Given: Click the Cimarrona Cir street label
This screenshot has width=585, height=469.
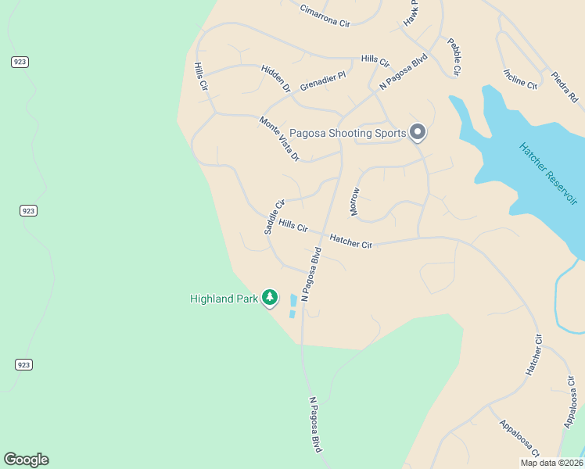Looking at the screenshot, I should [x=325, y=16].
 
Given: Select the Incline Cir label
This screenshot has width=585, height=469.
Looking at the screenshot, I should [x=521, y=79].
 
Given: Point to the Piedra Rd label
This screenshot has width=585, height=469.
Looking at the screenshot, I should [x=564, y=87].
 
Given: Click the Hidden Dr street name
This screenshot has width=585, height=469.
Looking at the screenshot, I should [x=275, y=78].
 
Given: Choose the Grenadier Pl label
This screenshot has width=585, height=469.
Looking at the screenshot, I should [x=322, y=81].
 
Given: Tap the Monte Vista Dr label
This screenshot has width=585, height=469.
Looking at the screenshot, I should [x=279, y=138].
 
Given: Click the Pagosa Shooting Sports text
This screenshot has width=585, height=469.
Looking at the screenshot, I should [x=347, y=133].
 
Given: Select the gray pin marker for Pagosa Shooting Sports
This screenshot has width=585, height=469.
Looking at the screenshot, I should [x=418, y=132].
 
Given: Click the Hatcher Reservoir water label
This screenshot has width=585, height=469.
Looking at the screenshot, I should [x=548, y=174].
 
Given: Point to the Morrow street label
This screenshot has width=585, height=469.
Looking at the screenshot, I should [x=355, y=202].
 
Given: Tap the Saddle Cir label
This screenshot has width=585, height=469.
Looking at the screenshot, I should [x=273, y=217].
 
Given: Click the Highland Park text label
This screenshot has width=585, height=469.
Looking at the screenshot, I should [x=224, y=299].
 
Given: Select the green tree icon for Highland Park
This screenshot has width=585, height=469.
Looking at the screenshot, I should [x=270, y=297].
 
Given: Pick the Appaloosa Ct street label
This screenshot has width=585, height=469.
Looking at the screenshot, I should [x=519, y=439].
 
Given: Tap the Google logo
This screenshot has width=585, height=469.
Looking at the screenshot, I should [x=26, y=460].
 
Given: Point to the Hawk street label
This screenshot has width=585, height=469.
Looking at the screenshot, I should [x=411, y=13].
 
